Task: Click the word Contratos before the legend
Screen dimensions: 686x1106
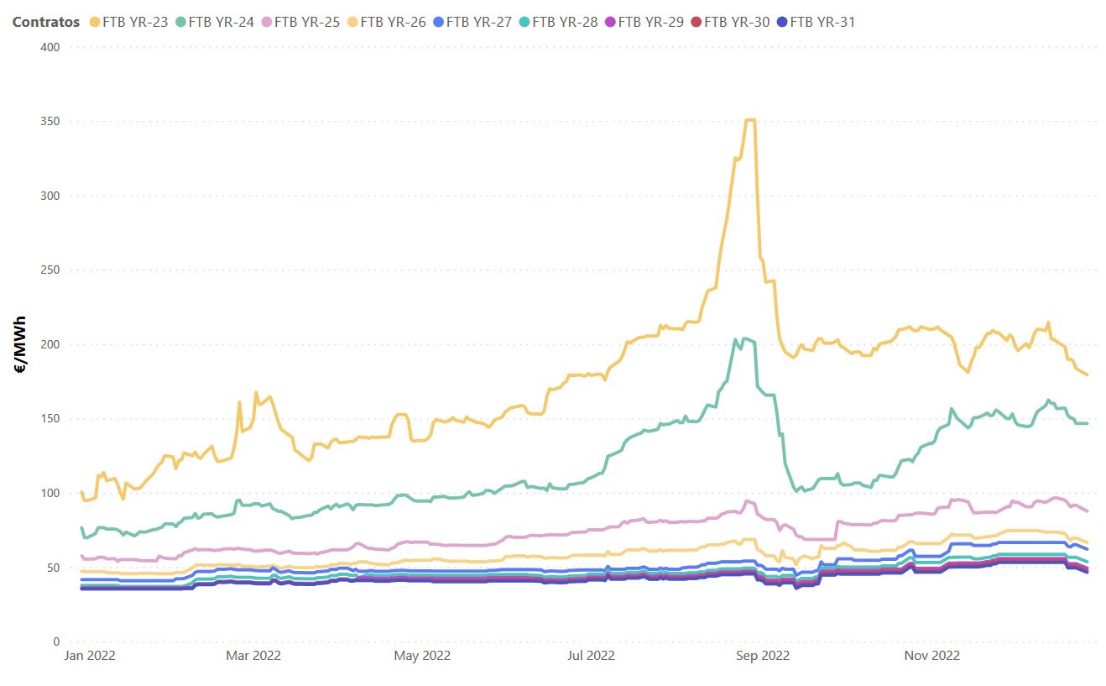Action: tap(46, 22)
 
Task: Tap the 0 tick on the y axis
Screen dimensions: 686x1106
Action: tap(55, 642)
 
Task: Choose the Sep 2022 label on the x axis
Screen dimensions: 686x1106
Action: tap(762, 656)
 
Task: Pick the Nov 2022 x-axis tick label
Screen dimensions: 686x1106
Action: tap(931, 656)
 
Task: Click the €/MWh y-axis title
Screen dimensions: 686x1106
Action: tap(21, 343)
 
